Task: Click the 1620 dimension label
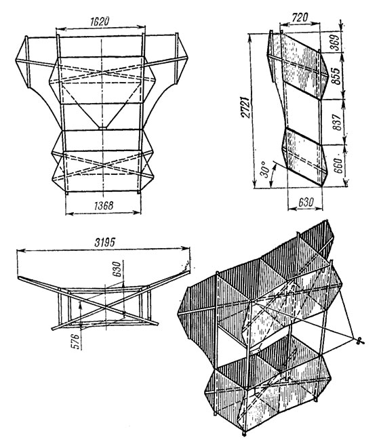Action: (x=100, y=22)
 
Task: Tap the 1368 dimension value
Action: (x=104, y=205)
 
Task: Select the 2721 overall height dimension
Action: (x=245, y=107)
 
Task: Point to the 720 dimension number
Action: (x=300, y=18)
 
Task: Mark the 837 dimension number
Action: (x=337, y=122)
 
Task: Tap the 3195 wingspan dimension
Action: (x=105, y=242)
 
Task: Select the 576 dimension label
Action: (x=76, y=342)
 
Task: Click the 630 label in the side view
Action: (x=306, y=202)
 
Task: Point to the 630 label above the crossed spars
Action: (x=117, y=269)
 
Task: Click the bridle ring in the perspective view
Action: (x=360, y=341)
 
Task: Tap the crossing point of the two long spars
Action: (x=106, y=306)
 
